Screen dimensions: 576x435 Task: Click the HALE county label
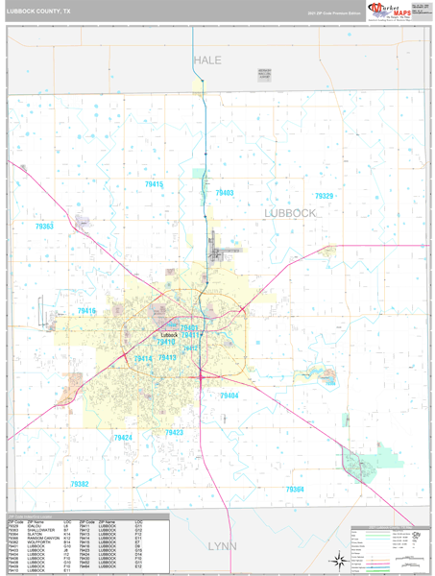pos(207,60)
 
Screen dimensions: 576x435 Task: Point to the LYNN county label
pos(222,545)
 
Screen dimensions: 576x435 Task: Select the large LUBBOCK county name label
pos(290,213)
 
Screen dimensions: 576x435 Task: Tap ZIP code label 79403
pos(224,193)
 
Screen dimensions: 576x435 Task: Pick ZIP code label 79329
pos(324,196)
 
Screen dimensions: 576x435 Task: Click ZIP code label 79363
pos(44,226)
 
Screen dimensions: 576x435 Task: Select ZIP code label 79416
pos(86,311)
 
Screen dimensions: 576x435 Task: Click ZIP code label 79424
pos(123,437)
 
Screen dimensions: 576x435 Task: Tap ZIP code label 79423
pos(174,433)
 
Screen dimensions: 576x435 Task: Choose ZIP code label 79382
pos(79,485)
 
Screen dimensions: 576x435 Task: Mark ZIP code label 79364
pos(295,489)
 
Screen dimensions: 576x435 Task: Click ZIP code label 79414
pos(143,359)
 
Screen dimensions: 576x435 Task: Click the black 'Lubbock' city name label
pos(169,321)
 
